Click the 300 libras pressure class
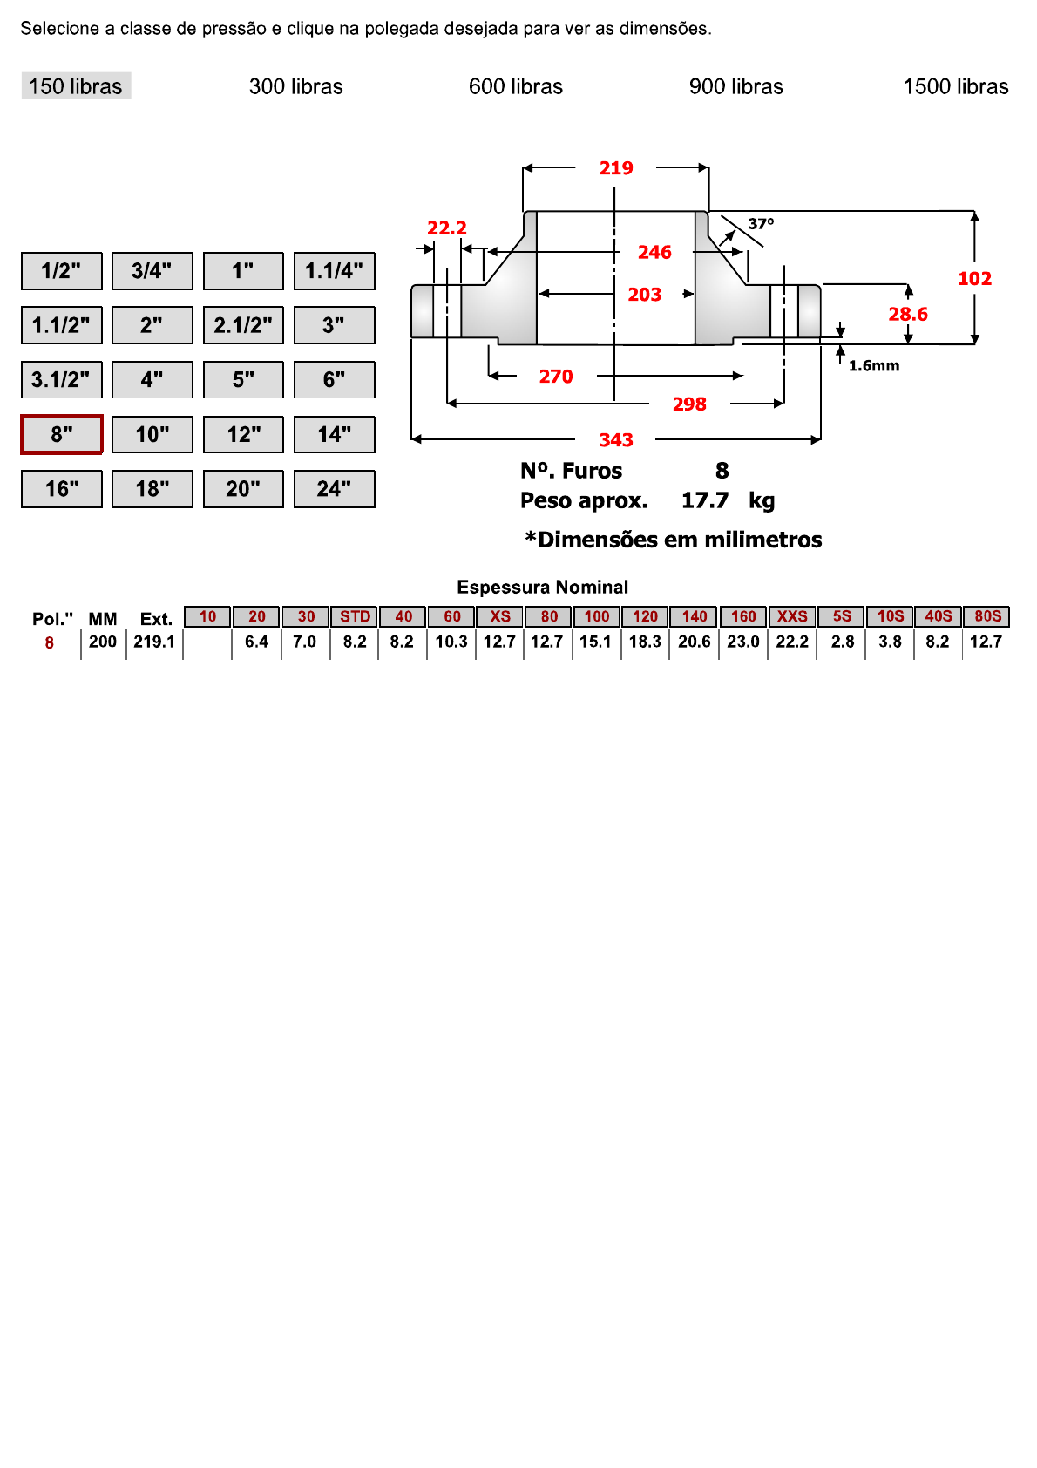pos(295,86)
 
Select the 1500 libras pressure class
pos(955,86)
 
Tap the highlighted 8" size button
pos(62,434)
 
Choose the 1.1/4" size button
pos(334,271)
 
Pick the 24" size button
pos(334,489)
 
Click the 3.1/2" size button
pos(61,380)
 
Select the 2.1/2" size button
pos(243,325)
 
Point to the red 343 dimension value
pos(615,440)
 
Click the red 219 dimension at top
pos(615,168)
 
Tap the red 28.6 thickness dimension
pos(907,314)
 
